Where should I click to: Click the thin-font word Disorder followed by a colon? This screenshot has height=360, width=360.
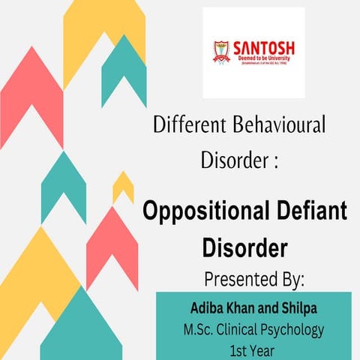(x=233, y=160)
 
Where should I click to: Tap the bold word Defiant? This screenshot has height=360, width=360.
(x=307, y=212)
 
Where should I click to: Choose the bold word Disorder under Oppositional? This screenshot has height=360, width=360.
(x=246, y=246)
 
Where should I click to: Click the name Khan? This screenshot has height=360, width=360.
(x=244, y=308)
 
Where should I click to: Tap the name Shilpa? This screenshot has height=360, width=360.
(x=297, y=308)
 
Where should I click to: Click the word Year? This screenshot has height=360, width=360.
(x=263, y=349)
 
